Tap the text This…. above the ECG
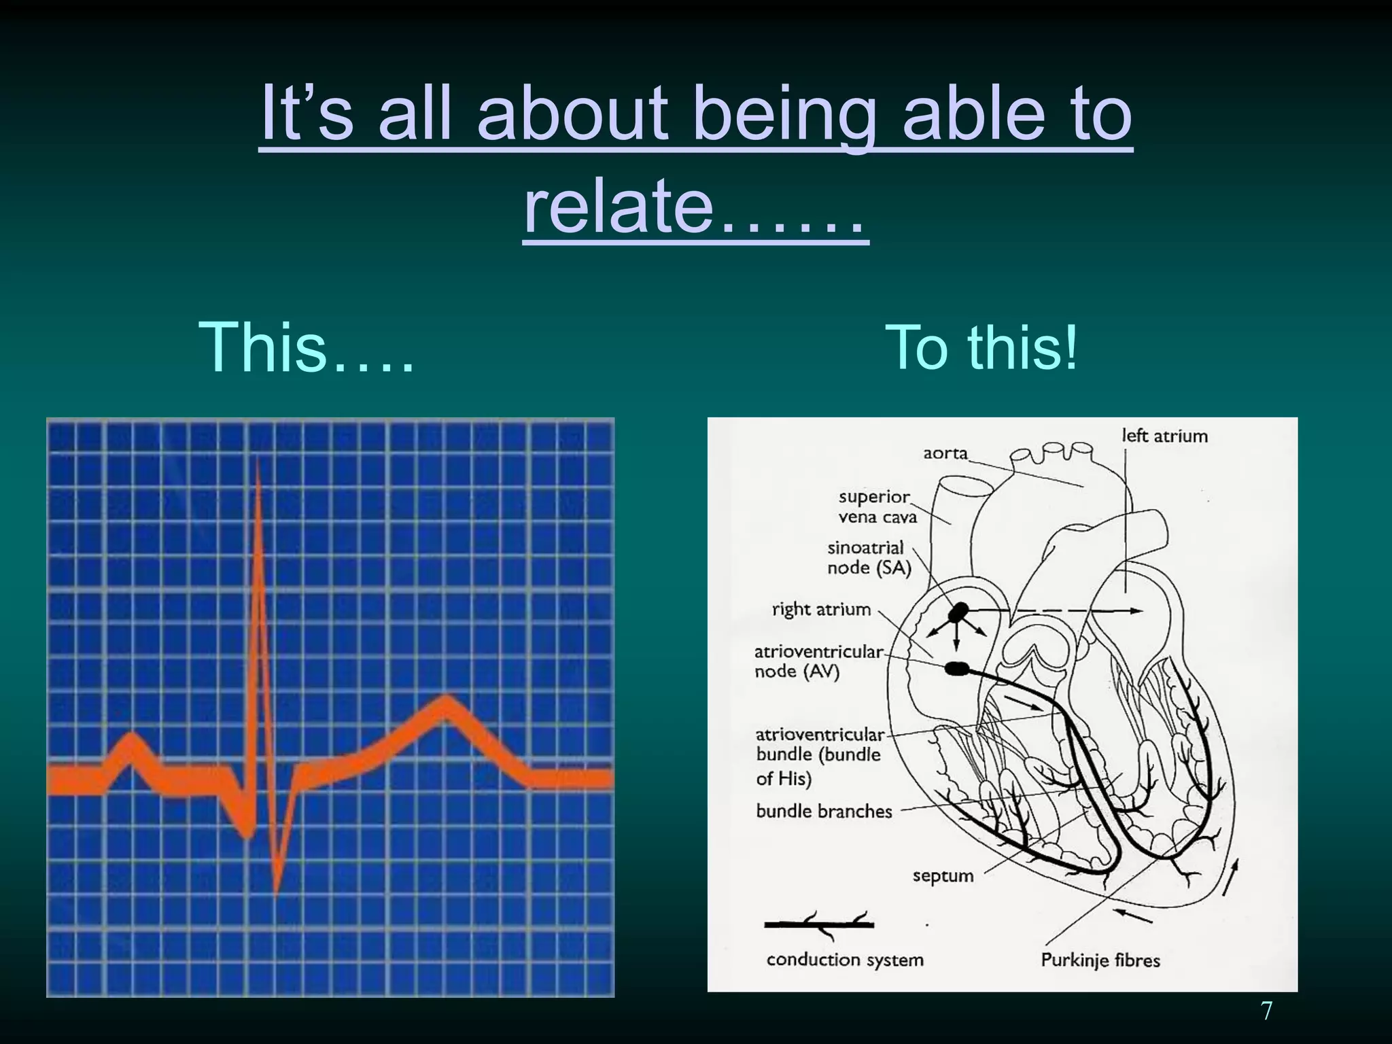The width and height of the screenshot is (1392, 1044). point(306,348)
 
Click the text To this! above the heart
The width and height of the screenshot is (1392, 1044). point(981,348)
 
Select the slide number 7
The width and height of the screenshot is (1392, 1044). point(1266,1011)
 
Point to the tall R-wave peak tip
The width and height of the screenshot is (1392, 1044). point(258,462)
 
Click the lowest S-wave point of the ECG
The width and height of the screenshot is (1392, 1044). point(277,887)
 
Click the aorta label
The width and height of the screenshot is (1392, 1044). point(945,453)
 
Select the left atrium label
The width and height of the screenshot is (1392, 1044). point(1164,436)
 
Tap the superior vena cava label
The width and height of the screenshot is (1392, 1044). point(877,507)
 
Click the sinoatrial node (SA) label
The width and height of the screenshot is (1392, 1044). point(868,557)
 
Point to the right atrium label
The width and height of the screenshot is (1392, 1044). point(821,609)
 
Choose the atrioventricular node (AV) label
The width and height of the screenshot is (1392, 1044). point(818,661)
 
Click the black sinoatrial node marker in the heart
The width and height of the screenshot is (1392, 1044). point(958,612)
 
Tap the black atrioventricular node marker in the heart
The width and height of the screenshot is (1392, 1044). point(956,669)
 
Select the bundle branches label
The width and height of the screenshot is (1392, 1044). point(824,811)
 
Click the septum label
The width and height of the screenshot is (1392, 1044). point(943,875)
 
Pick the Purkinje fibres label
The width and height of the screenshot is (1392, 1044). point(1100,960)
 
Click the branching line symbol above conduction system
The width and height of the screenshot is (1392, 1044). point(819,923)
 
